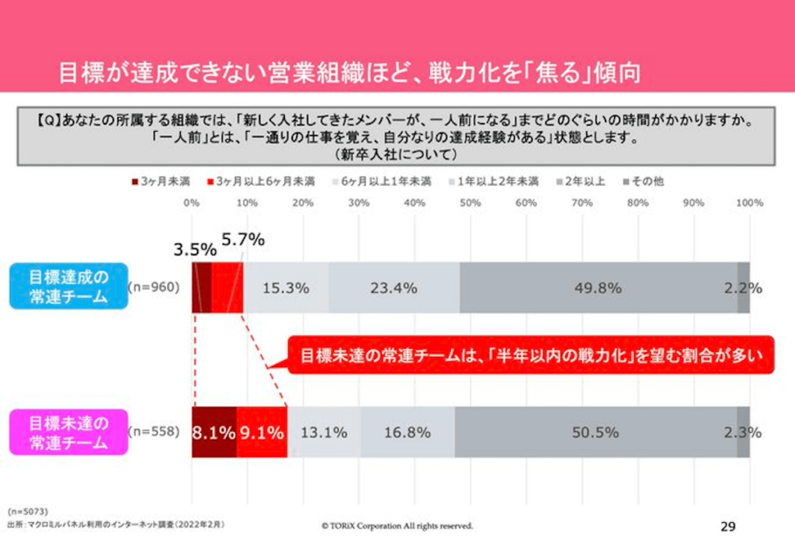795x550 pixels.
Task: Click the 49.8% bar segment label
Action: [599, 288]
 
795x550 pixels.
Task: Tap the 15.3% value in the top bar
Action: [286, 288]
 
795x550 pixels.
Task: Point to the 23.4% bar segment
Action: [394, 288]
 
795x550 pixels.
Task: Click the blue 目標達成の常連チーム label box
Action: [68, 286]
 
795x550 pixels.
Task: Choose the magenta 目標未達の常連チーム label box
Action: [68, 433]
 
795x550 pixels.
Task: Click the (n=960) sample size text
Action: [154, 287]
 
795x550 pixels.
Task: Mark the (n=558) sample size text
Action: [154, 432]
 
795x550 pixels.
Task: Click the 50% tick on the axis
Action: [470, 202]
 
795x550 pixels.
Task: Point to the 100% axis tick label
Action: [748, 202]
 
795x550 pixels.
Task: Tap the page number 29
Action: [727, 527]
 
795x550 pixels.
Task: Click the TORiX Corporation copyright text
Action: [397, 526]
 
